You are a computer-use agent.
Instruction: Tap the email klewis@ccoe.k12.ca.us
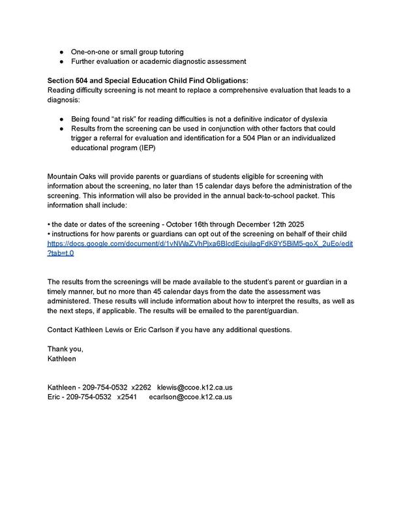195,387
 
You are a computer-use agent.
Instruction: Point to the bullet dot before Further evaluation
60,61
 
